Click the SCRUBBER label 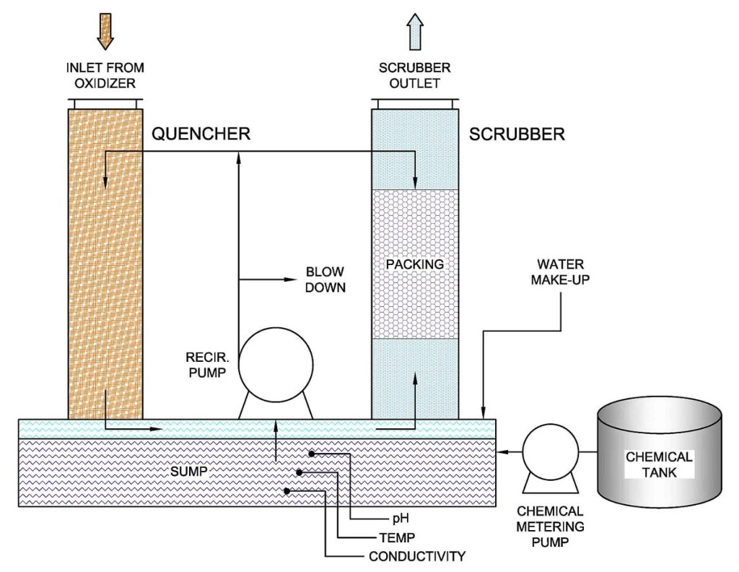(x=517, y=134)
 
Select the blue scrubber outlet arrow (x=415, y=34)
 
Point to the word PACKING (x=414, y=264)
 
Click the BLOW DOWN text (x=325, y=279)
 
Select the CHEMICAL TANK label (x=659, y=464)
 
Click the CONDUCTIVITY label (x=416, y=556)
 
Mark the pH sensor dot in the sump (x=312, y=454)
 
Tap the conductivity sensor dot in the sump (x=287, y=491)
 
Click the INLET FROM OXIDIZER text (x=105, y=76)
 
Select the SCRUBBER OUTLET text (x=415, y=76)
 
